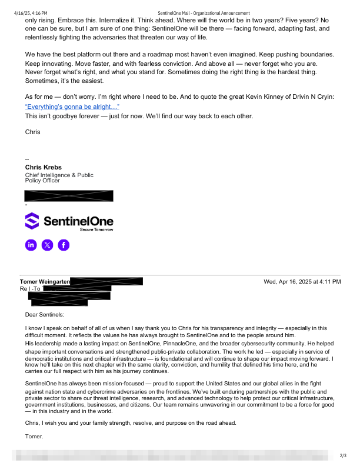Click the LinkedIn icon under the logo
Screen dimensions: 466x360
pos(31,245)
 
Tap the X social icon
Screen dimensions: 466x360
pos(47,245)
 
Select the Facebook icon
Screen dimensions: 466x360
pos(63,245)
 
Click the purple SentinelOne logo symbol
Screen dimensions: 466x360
pos(32,221)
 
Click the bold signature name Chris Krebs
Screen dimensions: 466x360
pos(44,168)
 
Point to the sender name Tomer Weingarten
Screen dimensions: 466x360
pos(45,282)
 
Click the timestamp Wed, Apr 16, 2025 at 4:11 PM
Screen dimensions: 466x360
pos(302,282)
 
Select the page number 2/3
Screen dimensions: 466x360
pos(344,455)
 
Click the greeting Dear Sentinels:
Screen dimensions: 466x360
pos(45,315)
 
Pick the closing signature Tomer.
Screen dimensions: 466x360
pos(34,436)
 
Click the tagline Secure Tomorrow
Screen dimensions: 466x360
pos(96,229)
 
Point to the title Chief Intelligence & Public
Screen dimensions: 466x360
pos(59,175)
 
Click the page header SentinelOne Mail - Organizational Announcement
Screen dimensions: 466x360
pos(204,12)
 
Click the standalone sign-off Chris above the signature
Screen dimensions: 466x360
pos(33,132)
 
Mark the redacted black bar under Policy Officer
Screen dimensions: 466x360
pos(69,196)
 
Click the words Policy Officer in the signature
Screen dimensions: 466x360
pos(42,181)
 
